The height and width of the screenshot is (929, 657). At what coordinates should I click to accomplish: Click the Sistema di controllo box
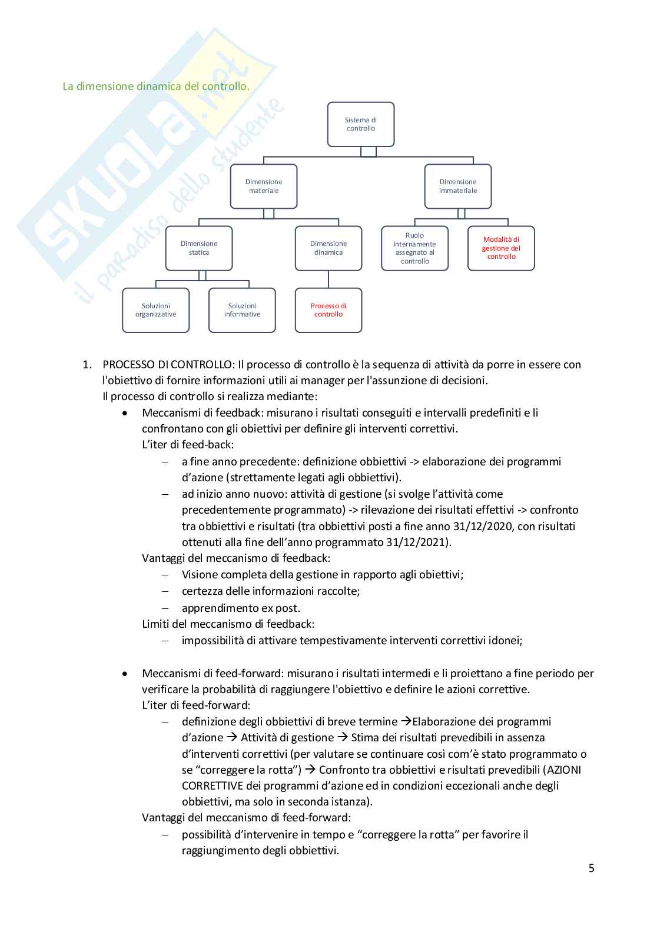pos(360,124)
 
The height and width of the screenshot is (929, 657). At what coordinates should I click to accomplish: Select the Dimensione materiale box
pos(263,186)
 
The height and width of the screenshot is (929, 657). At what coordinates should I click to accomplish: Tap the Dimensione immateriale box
pos(457,186)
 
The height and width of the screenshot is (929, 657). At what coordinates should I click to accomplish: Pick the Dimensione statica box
pos(198,248)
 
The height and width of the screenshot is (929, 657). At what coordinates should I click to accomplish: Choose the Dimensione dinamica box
pos(328,248)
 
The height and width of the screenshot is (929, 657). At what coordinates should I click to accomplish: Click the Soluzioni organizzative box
pos(155,310)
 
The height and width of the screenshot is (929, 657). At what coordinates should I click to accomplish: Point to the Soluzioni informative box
pos(242,310)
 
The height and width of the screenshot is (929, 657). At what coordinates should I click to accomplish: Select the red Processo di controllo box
pos(328,310)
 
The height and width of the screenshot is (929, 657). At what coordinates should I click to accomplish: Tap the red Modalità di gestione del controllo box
pos(501,248)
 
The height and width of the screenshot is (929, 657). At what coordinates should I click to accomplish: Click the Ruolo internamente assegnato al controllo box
pos(414,248)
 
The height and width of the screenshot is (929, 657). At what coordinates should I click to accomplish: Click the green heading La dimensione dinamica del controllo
pos(156,86)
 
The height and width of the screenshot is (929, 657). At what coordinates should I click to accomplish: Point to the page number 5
pos(591,868)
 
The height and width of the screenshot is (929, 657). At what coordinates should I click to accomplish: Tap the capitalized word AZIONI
pos(563,770)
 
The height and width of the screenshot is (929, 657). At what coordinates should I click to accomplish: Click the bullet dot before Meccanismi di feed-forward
pos(124,673)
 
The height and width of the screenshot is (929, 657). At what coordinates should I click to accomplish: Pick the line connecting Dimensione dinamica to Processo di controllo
pos(328,279)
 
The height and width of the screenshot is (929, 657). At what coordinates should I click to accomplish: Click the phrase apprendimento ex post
pos(241,608)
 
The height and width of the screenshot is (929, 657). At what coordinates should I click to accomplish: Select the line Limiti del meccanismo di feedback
pos(228,624)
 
